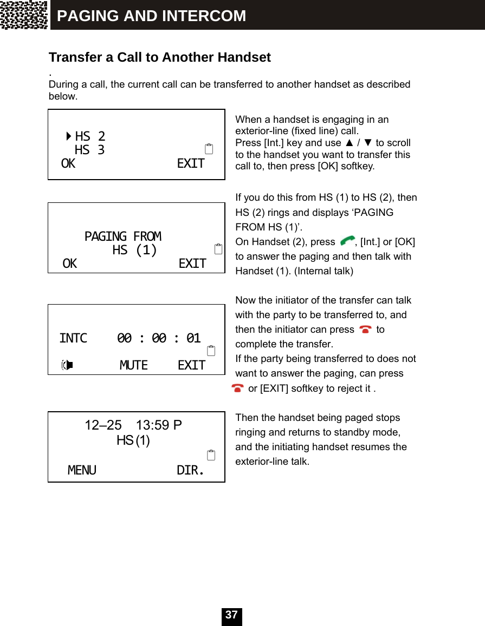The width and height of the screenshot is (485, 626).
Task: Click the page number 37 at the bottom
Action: pyautogui.click(x=231, y=615)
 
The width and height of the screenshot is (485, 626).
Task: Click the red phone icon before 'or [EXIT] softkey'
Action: pyautogui.click(x=237, y=388)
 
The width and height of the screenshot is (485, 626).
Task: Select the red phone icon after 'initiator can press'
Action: pyautogui.click(x=365, y=330)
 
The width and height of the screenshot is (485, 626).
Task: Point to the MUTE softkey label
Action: pyautogui.click(x=133, y=365)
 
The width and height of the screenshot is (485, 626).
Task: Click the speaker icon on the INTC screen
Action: pyautogui.click(x=68, y=365)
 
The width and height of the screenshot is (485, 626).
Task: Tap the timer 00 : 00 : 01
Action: pyautogui.click(x=159, y=338)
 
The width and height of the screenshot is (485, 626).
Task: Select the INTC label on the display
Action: pyautogui.click(x=73, y=338)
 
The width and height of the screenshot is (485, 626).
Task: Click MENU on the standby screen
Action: pyautogui.click(x=82, y=470)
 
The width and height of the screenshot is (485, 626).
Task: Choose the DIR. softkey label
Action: pyautogui.click(x=191, y=470)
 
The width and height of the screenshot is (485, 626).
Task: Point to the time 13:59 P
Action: pyautogui.click(x=159, y=425)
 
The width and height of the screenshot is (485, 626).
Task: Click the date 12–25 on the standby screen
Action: pyautogui.click(x=103, y=425)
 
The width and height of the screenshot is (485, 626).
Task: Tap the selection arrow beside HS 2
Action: pyautogui.click(x=68, y=135)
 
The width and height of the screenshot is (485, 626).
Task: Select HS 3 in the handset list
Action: pyautogui.click(x=89, y=150)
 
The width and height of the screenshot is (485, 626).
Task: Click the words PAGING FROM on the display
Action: pyautogui.click(x=122, y=236)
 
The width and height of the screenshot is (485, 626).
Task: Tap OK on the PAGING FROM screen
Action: pyautogui.click(x=70, y=263)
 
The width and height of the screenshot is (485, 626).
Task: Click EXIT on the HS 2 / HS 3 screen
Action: pyautogui.click(x=191, y=163)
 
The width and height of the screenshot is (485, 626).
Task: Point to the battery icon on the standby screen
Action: pyautogui.click(x=211, y=455)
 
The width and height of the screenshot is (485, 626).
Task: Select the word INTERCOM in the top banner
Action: pyautogui.click(x=204, y=16)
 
